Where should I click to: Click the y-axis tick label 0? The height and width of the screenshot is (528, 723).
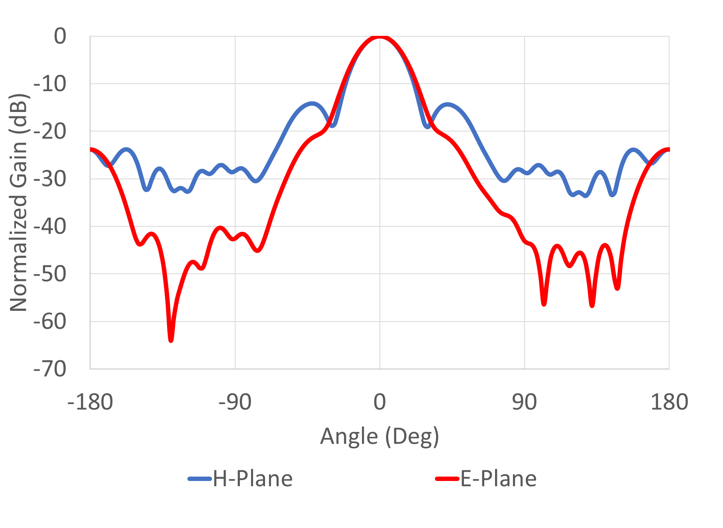tap(60, 37)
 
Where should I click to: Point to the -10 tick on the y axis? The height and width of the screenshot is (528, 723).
tap(50, 84)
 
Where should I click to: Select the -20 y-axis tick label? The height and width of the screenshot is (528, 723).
tap(50, 132)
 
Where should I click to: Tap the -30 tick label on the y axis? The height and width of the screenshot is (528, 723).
tap(50, 179)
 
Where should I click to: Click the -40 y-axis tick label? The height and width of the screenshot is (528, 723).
tap(50, 226)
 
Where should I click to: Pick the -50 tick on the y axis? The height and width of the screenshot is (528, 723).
tap(50, 274)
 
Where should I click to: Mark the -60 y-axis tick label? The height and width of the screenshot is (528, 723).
tap(50, 322)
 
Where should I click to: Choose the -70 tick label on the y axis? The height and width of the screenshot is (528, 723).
tap(50, 369)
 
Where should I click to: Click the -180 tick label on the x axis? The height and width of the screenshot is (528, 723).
tap(90, 402)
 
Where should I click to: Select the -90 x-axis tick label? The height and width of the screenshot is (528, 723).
tap(235, 402)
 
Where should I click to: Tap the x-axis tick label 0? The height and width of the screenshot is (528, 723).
tap(380, 402)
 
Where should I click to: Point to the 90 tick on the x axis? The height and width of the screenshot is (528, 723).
tap(524, 402)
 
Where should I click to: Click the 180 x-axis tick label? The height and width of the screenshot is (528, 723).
tap(669, 402)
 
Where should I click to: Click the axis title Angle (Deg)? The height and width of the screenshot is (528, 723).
tap(379, 436)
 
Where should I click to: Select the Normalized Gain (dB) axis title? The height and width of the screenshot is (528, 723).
tap(18, 202)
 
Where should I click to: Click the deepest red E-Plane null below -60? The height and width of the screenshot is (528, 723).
tap(171, 340)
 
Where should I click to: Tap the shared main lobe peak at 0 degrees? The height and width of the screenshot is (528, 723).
tap(380, 37)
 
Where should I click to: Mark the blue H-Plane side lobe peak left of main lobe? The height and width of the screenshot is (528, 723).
tap(312, 104)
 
